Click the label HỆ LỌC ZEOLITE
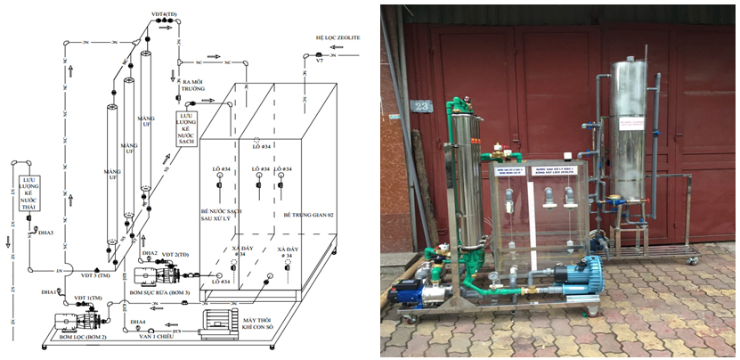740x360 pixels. pos(337,38)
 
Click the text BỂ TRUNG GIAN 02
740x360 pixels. pos(306,215)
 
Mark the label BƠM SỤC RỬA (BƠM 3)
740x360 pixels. pos(159,292)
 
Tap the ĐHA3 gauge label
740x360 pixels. pos(46,233)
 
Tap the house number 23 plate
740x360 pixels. pos(421,106)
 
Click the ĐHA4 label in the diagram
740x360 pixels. pos(138,321)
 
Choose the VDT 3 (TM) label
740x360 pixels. pos(88,275)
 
